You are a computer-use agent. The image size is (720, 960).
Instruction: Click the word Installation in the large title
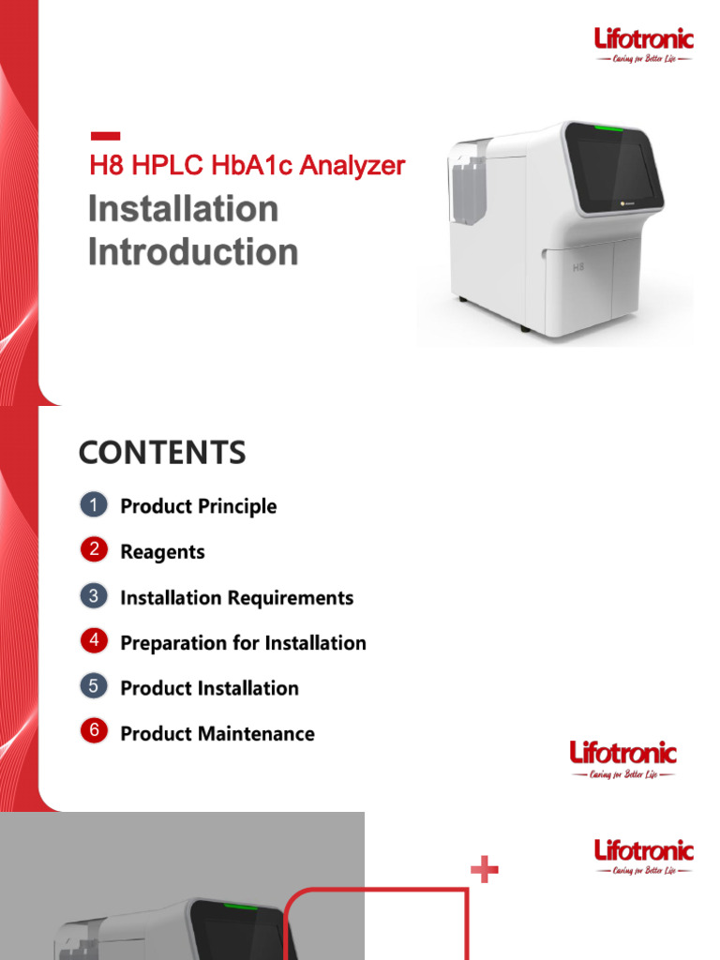coord(184,208)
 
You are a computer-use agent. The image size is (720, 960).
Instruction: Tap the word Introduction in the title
coord(193,251)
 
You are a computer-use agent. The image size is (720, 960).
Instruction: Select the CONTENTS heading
coord(162,454)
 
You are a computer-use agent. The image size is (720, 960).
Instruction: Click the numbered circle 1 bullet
coord(94,505)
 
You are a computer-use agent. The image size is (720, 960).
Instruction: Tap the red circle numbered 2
coord(94,550)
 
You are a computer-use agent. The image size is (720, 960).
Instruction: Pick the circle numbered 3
coord(94,596)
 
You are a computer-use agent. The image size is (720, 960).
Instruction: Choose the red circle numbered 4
coord(94,641)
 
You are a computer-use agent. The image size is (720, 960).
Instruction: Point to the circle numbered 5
coord(94,687)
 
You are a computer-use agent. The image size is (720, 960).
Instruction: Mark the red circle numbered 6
coord(94,732)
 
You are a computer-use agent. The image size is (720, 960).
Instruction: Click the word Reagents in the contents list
coord(162,552)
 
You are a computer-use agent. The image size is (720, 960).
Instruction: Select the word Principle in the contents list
coord(238,506)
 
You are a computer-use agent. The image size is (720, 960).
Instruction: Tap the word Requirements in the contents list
coord(296,597)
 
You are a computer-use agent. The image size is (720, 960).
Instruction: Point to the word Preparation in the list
coord(168,643)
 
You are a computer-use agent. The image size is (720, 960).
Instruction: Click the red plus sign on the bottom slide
coord(484,871)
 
